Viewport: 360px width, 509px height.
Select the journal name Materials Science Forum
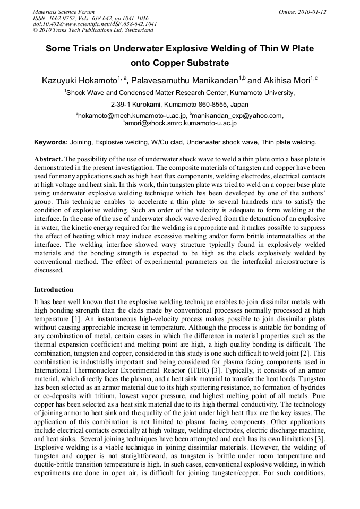64,12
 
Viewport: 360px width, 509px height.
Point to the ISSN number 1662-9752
62,18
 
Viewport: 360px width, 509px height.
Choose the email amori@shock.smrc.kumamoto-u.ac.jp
181,123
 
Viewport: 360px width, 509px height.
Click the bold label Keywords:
51,142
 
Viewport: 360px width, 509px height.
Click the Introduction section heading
54,290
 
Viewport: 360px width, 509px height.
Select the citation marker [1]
77,317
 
